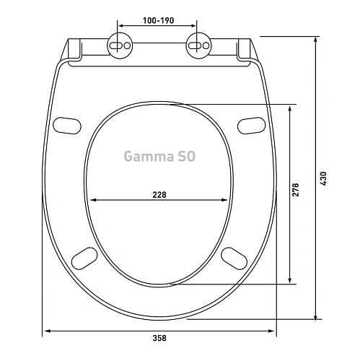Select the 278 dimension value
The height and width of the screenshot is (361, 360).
(296, 189)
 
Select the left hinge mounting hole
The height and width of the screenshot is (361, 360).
(120, 45)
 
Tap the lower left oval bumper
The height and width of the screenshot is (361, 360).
(85, 257)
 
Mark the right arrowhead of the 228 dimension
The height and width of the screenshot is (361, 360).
(227, 201)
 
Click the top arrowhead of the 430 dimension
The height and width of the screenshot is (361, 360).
(315, 40)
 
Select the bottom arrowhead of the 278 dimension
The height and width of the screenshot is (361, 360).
(290, 280)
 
